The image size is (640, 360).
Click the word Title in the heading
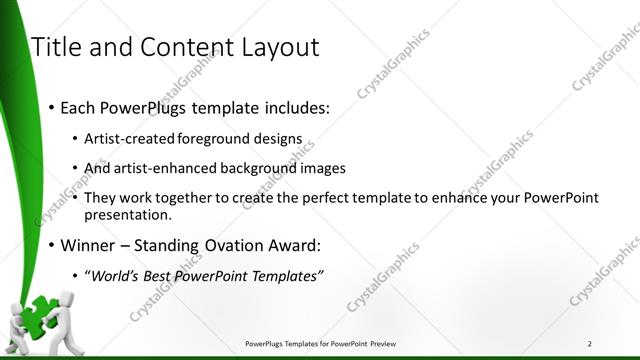coord(56,47)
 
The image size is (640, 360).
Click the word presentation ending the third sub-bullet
coord(128,214)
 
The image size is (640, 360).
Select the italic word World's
coord(116,276)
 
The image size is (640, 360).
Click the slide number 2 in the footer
coord(590,344)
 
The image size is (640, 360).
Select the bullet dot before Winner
coord(51,246)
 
